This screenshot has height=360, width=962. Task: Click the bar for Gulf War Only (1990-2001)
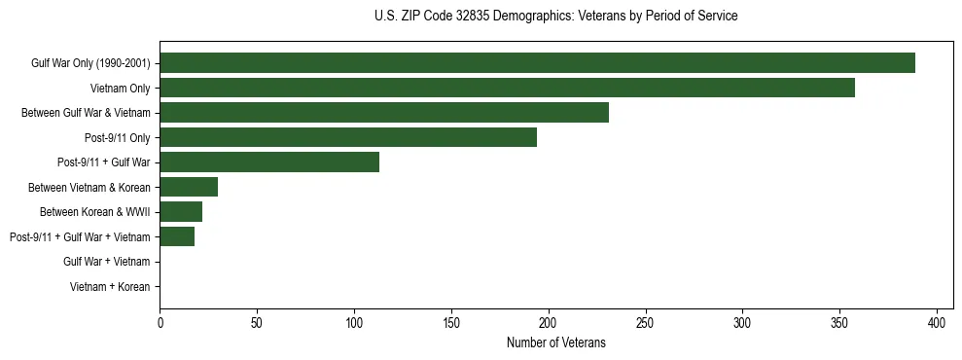537,63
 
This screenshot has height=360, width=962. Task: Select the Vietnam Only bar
507,88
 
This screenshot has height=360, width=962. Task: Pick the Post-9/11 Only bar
348,137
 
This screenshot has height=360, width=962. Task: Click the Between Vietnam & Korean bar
189,187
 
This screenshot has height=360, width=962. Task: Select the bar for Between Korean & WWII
181,212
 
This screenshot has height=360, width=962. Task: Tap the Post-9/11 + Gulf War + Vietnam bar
177,236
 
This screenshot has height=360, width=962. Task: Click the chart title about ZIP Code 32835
555,17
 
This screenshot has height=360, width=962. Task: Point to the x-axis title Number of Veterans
555,342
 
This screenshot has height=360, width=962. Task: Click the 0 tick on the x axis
160,322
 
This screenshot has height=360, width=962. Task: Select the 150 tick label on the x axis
451,322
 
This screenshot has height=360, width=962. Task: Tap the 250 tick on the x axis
646,322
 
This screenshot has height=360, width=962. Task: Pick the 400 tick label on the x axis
937,322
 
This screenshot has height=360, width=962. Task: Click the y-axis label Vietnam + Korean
110,287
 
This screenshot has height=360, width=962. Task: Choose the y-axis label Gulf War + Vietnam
106,262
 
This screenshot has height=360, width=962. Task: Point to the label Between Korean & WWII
94,212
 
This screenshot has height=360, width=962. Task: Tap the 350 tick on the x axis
839,322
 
